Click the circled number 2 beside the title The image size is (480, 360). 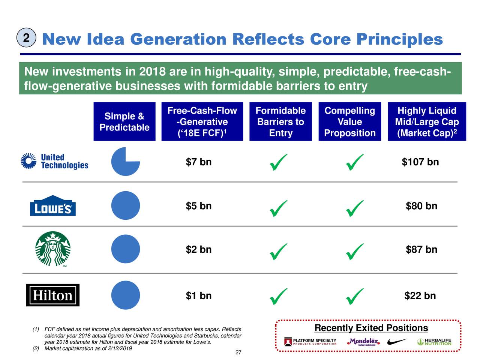26,37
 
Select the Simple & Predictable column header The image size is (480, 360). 124,121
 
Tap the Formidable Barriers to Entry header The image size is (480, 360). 280,121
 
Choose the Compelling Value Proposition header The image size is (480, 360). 349,121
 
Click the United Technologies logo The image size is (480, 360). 54,161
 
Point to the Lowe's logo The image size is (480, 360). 53,205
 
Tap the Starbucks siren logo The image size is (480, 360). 53,249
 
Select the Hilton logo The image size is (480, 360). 53,295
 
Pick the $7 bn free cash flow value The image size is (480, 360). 198,162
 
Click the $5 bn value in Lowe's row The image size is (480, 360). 198,206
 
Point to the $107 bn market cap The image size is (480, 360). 420,162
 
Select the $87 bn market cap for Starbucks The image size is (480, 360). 421,249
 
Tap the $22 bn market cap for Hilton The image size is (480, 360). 420,295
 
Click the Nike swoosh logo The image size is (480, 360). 397,341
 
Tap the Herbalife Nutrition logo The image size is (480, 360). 434,342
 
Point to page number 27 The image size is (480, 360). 238,352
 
